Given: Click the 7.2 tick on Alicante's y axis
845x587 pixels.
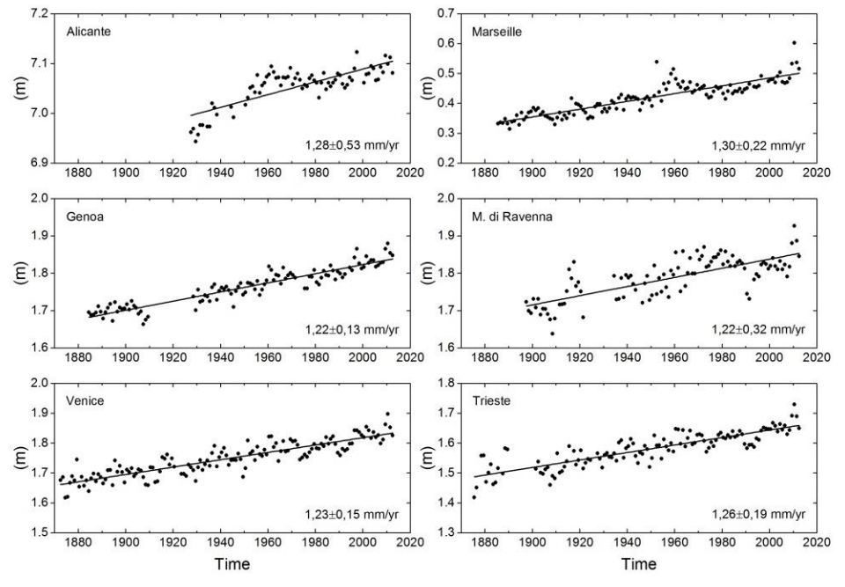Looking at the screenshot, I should pos(40,15).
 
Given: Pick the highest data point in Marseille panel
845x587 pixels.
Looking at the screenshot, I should pos(793,42).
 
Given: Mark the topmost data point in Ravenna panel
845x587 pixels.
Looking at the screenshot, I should pos(793,225).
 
